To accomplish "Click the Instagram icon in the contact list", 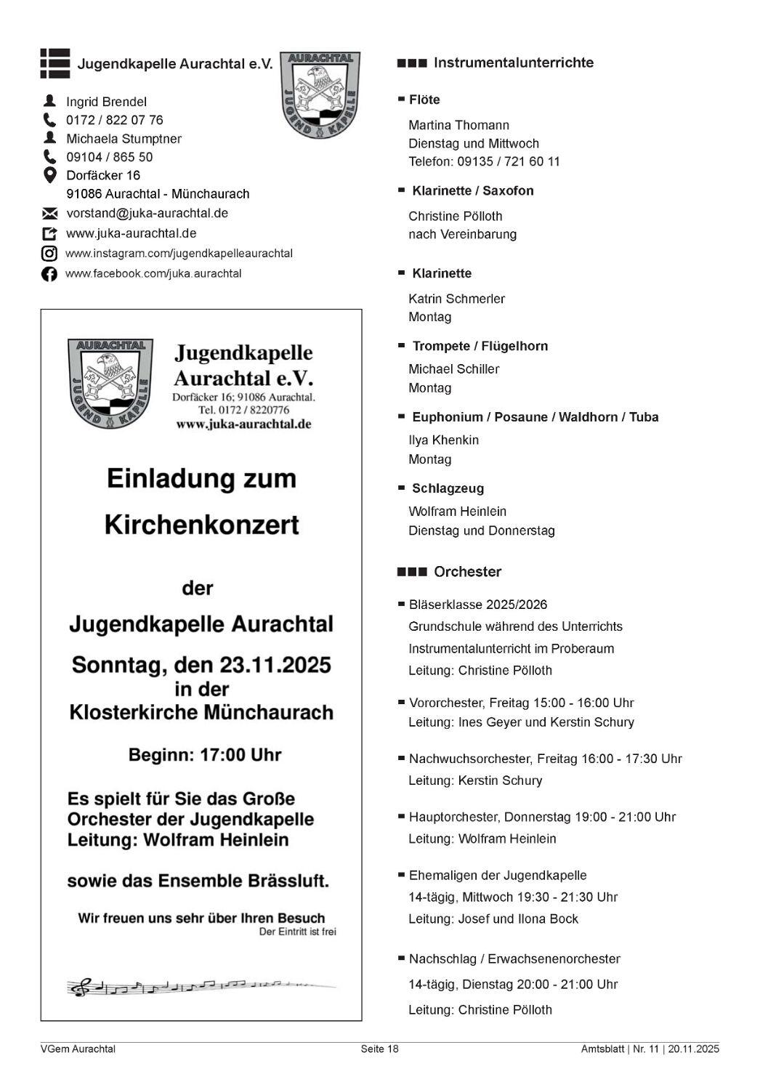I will pyautogui.click(x=49, y=254).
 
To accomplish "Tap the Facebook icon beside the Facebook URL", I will pyautogui.click(x=49, y=274).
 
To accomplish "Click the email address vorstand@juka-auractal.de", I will pyautogui.click(x=147, y=214).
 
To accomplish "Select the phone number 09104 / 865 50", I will pyautogui.click(x=109, y=157).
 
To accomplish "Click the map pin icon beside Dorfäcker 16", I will pyautogui.click(x=49, y=175).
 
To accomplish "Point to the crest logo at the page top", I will pyautogui.click(x=320, y=94).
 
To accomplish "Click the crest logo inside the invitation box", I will pyautogui.click(x=110, y=383).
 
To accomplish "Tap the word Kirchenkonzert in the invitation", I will pyautogui.click(x=201, y=525).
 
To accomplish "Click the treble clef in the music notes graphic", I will pyautogui.click(x=81, y=987).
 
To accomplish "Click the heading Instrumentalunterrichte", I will pyautogui.click(x=513, y=63).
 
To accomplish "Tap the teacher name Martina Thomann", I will pyautogui.click(x=458, y=125).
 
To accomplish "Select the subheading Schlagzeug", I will pyautogui.click(x=448, y=488).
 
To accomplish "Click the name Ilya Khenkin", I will pyautogui.click(x=443, y=440).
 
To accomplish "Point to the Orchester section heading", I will pyautogui.click(x=467, y=572).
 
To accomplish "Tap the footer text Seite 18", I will pyautogui.click(x=379, y=1049).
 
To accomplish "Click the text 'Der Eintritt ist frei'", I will pyautogui.click(x=297, y=932).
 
